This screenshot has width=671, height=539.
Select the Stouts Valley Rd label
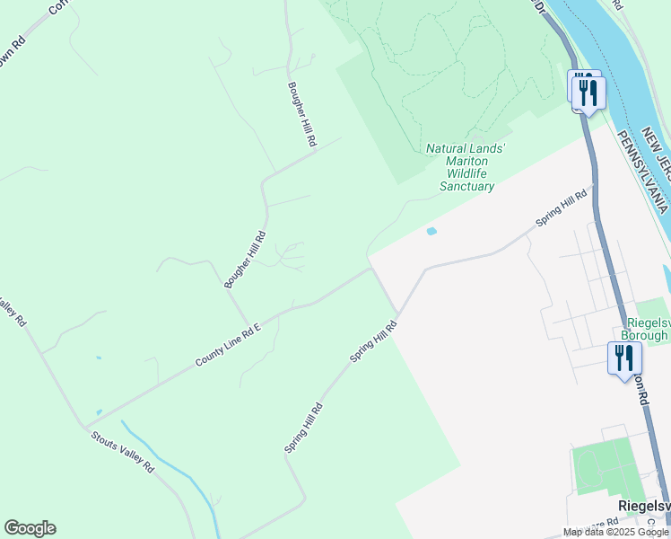[122, 451]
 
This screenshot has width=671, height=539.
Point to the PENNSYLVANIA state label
[642, 172]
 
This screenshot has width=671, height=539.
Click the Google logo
[30, 528]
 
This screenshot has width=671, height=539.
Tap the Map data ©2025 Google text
[615, 532]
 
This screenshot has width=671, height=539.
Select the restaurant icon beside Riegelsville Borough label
[624, 358]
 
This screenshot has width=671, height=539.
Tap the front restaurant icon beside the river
[589, 93]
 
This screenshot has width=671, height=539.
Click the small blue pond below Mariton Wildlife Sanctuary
[431, 231]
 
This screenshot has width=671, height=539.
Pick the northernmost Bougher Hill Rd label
[302, 114]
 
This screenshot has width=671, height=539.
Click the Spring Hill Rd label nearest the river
[561, 208]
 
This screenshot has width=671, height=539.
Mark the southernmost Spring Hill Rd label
[303, 428]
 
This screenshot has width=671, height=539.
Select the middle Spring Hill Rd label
[373, 341]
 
